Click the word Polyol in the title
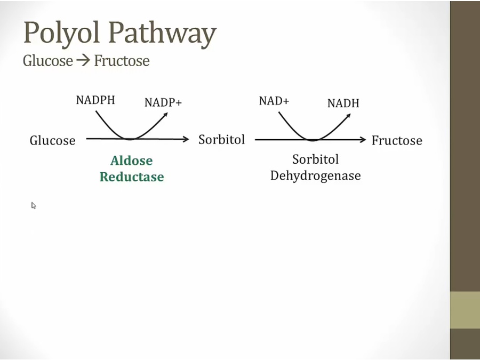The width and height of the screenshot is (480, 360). coord(62,33)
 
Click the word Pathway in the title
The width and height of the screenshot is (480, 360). coord(163,33)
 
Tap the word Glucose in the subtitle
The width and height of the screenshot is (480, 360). coord(48,61)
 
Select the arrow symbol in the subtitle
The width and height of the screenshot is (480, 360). coord(83,60)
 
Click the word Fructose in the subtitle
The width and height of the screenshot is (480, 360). coord(122,61)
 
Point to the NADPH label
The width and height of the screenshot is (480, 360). coord(95,100)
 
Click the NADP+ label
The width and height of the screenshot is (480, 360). coord(163,102)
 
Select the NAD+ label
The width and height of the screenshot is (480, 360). coord(274,101)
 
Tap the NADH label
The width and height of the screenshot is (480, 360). coord(343,103)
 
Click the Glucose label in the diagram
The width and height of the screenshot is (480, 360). coord(53,140)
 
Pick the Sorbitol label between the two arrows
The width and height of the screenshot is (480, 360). coord(222,140)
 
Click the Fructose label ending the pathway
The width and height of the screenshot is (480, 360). coord(397,140)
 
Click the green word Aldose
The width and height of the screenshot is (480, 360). coord(132,161)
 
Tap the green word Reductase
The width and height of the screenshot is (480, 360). coord(132,177)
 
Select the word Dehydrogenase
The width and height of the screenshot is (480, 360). coord(316,175)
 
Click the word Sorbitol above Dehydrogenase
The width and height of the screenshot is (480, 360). coord(316,159)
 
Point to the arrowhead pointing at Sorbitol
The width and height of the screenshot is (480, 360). coord(186,139)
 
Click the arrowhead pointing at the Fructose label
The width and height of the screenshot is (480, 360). coord(363,140)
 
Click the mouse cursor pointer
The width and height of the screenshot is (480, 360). coord(34,205)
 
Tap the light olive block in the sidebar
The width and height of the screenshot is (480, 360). coord(465,310)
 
